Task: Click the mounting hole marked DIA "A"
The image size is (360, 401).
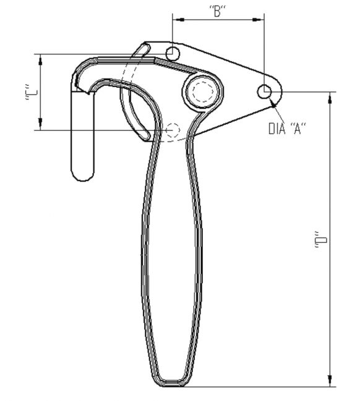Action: [265, 92]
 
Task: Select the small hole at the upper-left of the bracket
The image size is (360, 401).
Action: [173, 52]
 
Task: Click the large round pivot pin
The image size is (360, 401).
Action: [201, 92]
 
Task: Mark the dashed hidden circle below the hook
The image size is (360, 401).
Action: [173, 130]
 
